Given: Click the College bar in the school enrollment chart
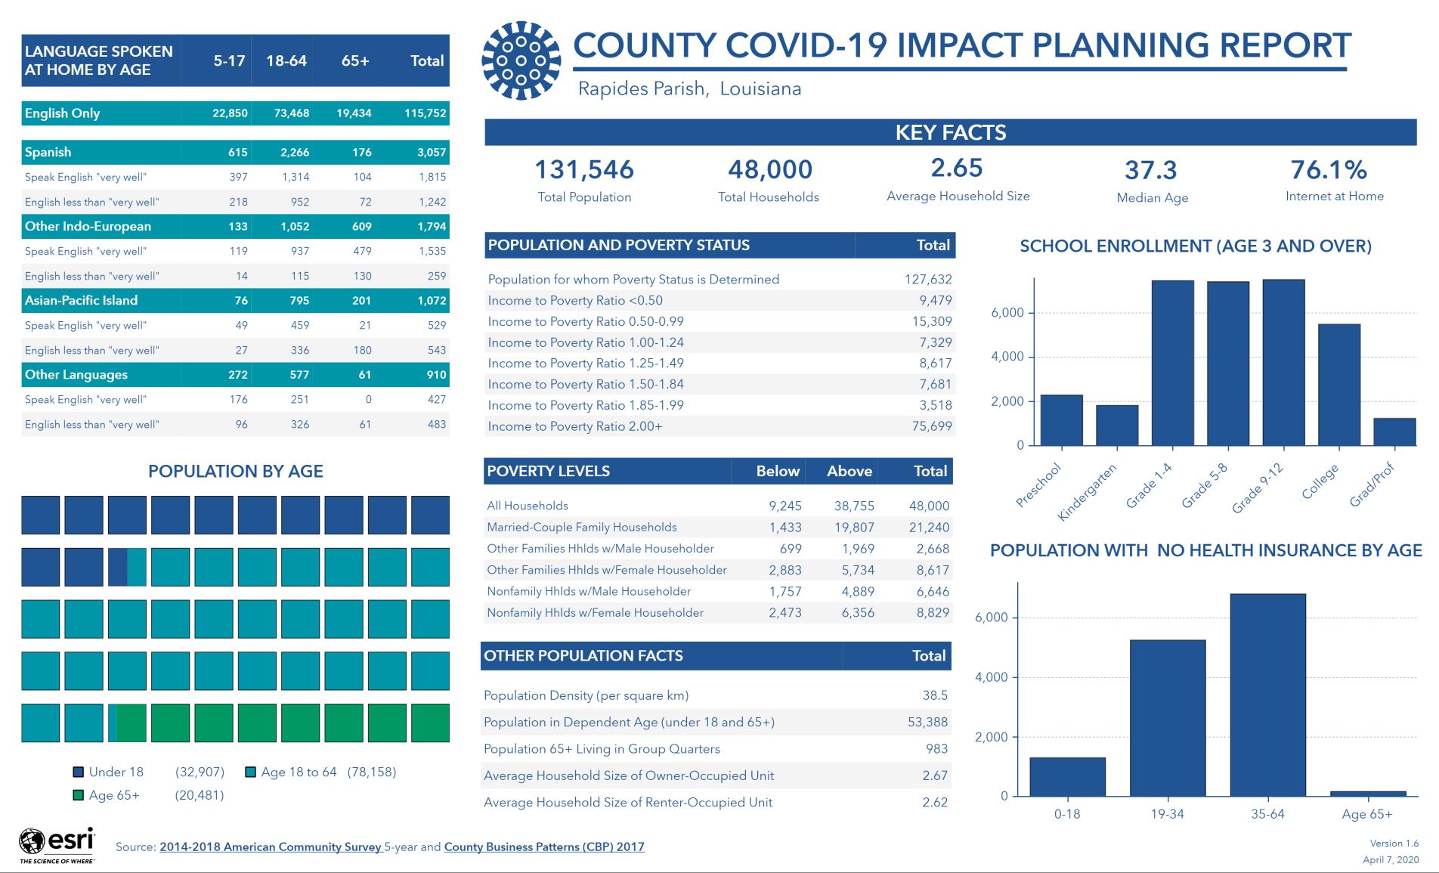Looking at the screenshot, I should (x=1339, y=385).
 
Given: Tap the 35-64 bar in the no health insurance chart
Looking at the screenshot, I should (x=1267, y=695).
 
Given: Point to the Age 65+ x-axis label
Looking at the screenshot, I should (x=1367, y=814).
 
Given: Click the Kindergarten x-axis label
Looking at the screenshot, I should (x=1087, y=492).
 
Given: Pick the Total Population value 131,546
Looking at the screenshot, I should (x=584, y=169).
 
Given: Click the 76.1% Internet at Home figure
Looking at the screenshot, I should (x=1329, y=169).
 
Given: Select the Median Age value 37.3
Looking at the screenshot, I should (x=1151, y=170).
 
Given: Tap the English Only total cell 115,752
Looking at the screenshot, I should (x=425, y=113).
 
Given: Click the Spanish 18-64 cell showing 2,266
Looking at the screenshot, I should (x=295, y=152).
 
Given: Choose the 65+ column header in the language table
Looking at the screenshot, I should (x=355, y=60).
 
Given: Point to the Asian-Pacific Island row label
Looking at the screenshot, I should (x=81, y=300).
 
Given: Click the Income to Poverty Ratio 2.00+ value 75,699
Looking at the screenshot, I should (x=932, y=426).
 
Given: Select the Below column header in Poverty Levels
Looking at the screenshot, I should (x=778, y=471).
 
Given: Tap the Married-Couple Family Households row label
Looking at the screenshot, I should (x=582, y=527).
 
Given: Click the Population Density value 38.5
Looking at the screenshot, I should (x=935, y=695).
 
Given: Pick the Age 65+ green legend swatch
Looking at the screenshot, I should (x=78, y=795).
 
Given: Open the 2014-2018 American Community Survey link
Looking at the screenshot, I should (x=271, y=847).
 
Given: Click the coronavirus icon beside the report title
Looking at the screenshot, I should (x=521, y=60).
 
